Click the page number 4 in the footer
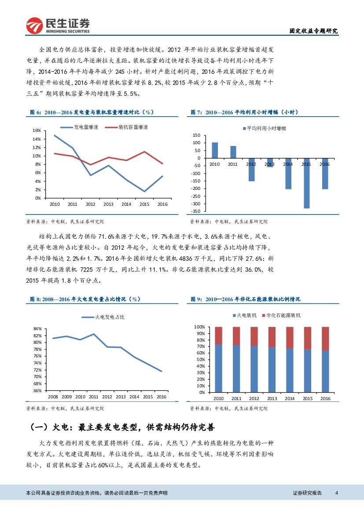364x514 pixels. tap(336, 493)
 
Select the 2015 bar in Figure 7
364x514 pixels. tap(306, 183)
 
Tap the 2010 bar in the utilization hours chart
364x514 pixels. tap(215, 150)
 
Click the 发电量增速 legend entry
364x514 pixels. tap(79, 127)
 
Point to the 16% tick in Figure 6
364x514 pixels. tap(37, 131)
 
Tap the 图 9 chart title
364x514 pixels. tap(246, 299)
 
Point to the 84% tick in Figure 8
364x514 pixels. tap(37, 329)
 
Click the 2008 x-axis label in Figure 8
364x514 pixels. tap(53, 397)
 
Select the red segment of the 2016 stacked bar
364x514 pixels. tap(325, 339)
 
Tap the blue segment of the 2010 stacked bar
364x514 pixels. tap(218, 368)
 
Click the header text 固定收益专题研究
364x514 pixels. tap(313, 31)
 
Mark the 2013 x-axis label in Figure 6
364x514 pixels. tap(108, 204)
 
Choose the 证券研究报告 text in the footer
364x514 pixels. tap(307, 493)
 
